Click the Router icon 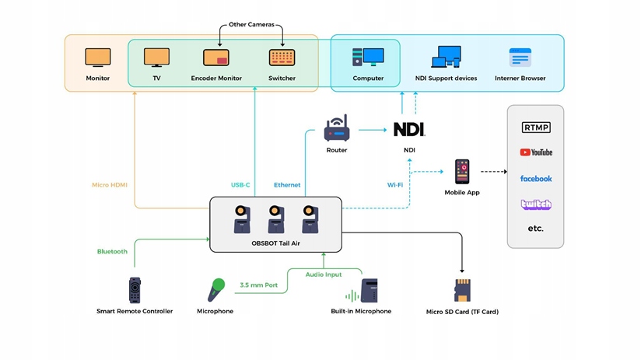[x=337, y=129]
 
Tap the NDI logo [x=409, y=129]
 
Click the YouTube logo [x=536, y=152]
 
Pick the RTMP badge [x=536, y=128]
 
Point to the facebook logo [x=536, y=179]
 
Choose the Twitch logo [x=536, y=204]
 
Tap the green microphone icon [x=215, y=289]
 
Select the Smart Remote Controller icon [x=135, y=290]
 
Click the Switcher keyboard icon [x=282, y=58]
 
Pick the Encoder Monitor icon [x=216, y=58]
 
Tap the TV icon [x=156, y=58]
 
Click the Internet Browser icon [x=520, y=58]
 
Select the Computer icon [x=368, y=58]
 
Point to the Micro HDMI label [x=110, y=185]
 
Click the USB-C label [x=240, y=185]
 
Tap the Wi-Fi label [x=395, y=185]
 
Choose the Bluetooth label [x=112, y=251]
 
